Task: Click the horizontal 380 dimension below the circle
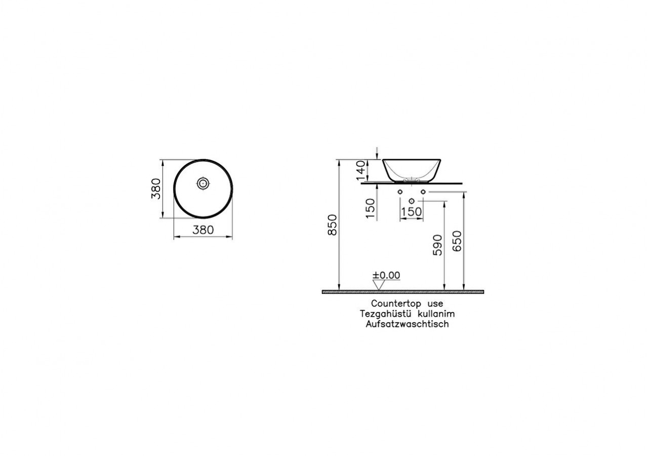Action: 203,230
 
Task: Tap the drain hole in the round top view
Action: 203,183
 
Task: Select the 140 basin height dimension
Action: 361,170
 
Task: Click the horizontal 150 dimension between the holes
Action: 411,211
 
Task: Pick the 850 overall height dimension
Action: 332,224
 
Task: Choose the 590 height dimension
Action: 438,245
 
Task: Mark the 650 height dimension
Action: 457,241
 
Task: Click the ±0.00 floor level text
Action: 386,275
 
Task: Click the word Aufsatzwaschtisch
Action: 407,324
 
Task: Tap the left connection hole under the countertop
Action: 400,192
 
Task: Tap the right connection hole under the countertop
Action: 423,192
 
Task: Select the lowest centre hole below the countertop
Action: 411,202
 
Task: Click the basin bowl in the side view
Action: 413,168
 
